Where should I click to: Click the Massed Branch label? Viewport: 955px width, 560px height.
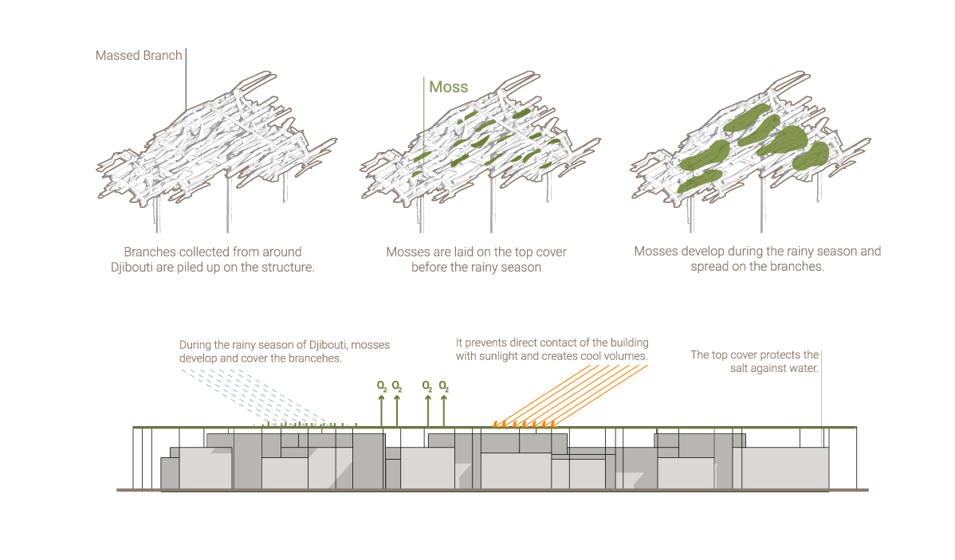pos(139,56)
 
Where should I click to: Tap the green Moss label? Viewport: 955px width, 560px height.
pos(448,87)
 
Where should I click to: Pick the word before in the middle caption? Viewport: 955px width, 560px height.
pos(432,267)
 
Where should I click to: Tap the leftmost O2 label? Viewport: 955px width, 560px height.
pos(382,386)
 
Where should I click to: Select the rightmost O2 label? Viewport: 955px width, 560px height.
pos(444,386)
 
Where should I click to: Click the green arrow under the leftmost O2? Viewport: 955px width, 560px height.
pos(381,410)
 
